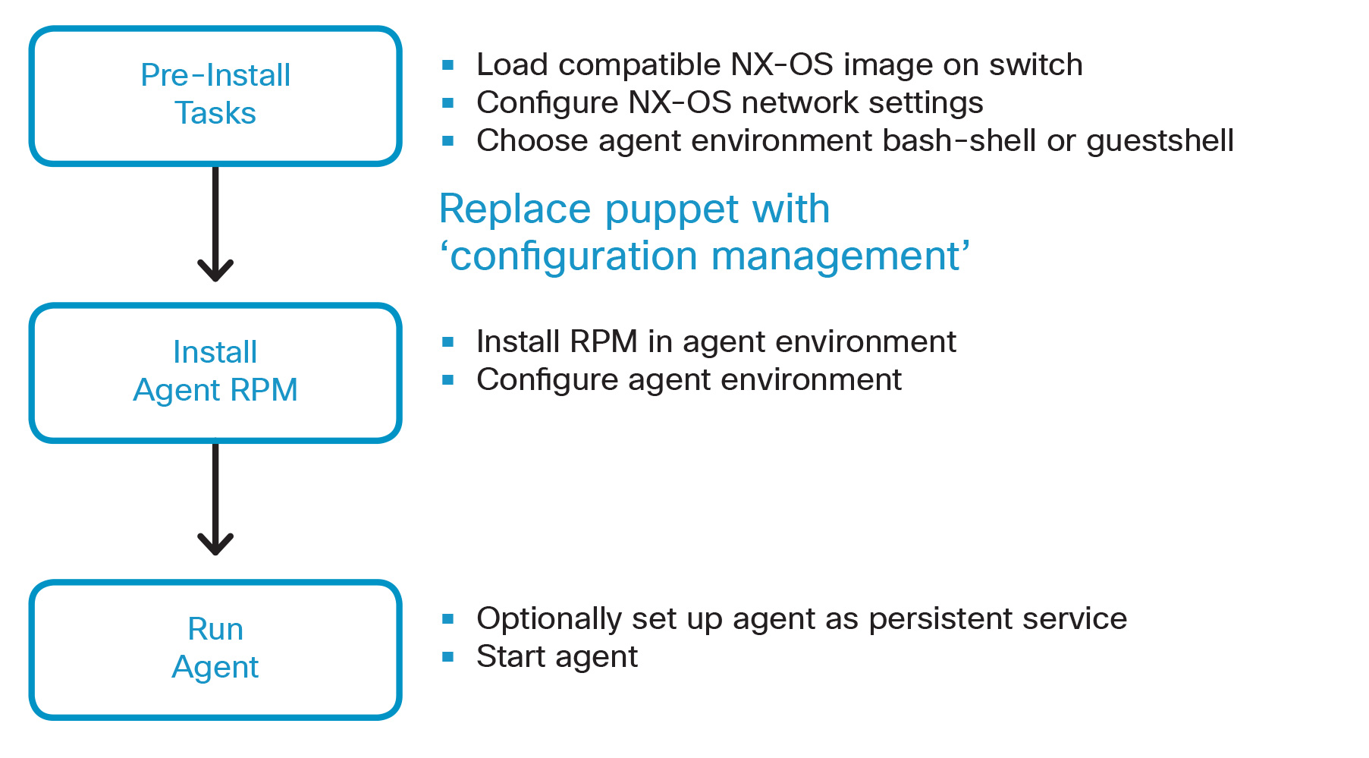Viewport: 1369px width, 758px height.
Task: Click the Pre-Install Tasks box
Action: point(215,96)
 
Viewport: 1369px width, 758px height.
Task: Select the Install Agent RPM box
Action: point(215,373)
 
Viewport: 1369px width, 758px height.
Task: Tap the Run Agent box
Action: point(215,649)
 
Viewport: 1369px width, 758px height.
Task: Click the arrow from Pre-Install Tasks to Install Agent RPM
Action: point(215,224)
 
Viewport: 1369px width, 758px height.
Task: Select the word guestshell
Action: point(1160,141)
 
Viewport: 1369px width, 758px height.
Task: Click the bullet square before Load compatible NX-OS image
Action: point(448,66)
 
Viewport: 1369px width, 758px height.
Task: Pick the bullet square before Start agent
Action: point(448,657)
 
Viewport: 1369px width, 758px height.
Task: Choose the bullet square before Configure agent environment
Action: point(448,380)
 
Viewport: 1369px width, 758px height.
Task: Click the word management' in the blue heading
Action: point(840,256)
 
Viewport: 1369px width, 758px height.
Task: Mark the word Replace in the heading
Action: point(515,209)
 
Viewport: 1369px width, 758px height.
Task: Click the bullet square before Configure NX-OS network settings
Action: point(448,103)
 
